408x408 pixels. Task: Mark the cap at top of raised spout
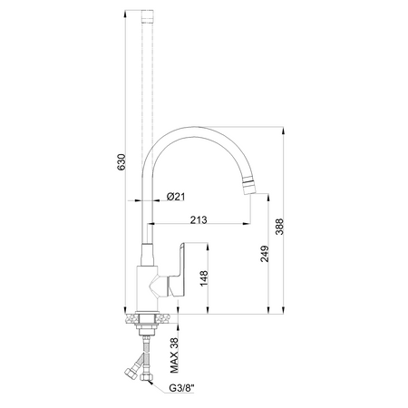pyautogui.click(x=149, y=17)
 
